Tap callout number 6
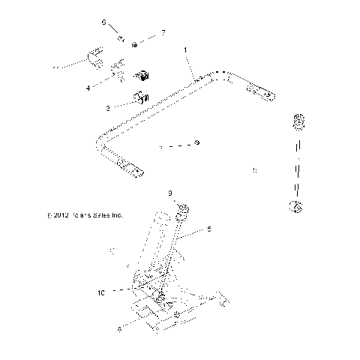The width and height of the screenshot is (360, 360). point(105,22)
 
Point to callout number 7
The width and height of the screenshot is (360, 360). point(160,33)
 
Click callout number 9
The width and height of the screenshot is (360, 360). point(171,193)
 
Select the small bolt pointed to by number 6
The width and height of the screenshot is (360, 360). point(119,35)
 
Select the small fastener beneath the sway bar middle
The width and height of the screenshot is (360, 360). point(196,142)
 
